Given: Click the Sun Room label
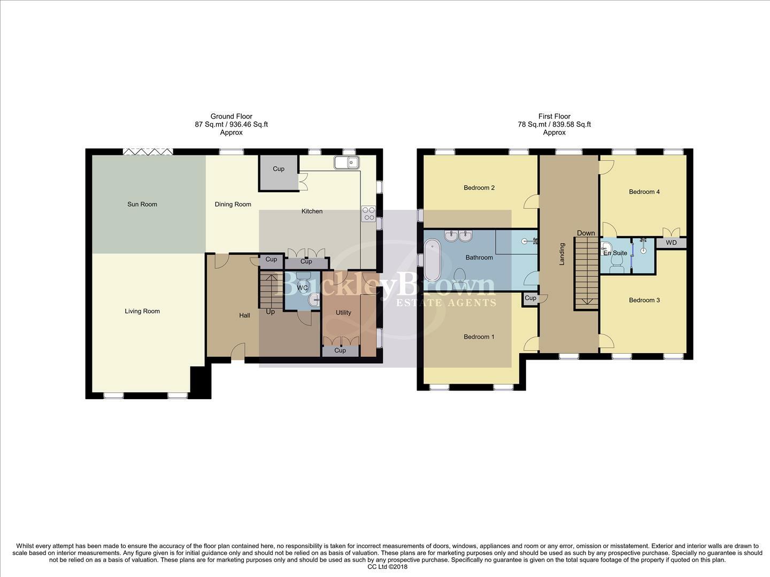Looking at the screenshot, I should coord(142,204).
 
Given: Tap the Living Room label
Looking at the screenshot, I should coord(142,311).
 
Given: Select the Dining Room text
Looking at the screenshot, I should coord(233,204).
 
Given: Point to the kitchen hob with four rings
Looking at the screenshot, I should coord(368,214).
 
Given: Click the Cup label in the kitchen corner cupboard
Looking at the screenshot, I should coord(279,169).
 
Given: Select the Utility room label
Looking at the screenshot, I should coord(343,313).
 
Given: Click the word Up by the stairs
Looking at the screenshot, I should coord(271,311).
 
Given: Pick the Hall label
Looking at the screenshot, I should coord(244,315).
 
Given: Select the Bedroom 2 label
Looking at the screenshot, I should coord(479,188).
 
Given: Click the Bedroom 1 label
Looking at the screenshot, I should coord(479,337).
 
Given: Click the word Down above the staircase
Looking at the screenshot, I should coord(586,233).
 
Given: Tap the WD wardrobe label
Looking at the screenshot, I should coord(671,243).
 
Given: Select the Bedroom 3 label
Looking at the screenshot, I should coord(644,300).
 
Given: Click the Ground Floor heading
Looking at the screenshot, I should coord(231,116).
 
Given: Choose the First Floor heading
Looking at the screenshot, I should coord(554,116).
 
